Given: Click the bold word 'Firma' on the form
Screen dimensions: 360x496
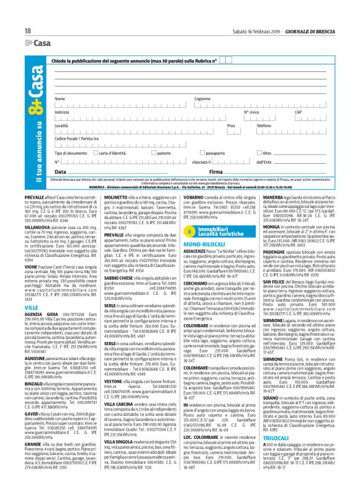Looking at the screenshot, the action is click(x=216, y=171).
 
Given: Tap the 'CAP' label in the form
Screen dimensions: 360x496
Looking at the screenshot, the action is click(x=315, y=112).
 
